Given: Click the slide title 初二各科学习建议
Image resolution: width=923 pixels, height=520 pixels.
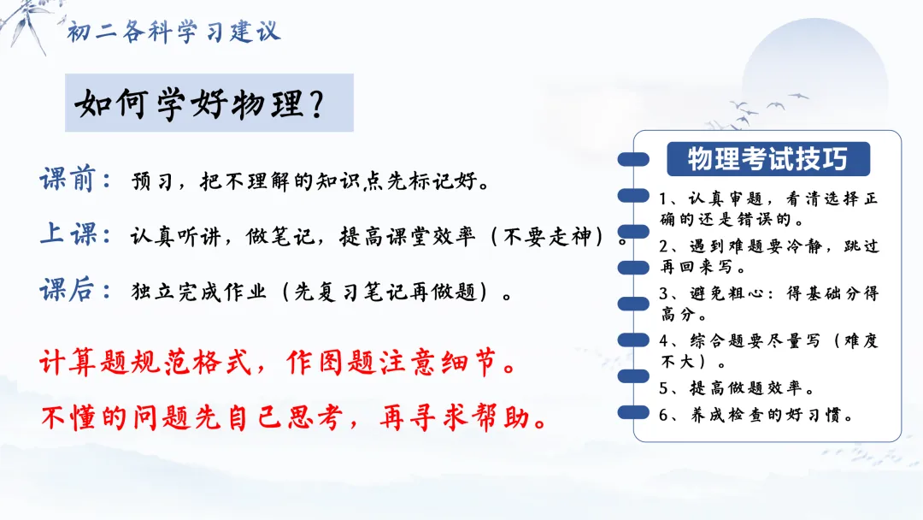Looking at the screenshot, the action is (173, 31).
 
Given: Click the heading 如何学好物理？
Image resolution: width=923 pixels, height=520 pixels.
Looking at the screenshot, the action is (200, 103).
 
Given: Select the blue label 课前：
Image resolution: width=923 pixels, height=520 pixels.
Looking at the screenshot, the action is (75, 179).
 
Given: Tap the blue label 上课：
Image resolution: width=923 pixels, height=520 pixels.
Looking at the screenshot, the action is (75, 233).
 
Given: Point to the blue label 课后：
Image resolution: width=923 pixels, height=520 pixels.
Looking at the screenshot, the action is (75, 290).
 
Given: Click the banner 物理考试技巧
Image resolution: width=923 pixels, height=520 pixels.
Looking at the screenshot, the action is (767, 159).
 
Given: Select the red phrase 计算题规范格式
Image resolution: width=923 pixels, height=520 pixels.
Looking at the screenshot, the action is (144, 362).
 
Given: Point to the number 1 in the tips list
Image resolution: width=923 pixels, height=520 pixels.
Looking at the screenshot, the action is (663, 199).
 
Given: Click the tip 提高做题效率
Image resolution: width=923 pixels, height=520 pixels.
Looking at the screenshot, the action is (745, 388).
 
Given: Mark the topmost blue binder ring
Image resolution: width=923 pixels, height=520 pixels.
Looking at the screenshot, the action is (633, 160).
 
